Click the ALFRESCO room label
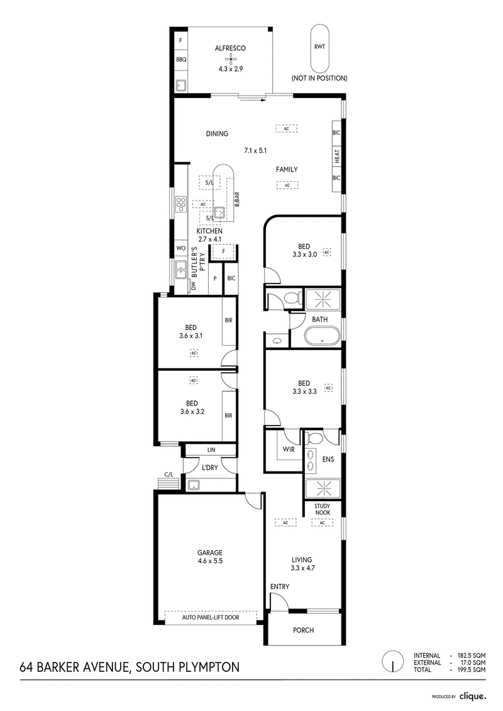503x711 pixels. click(x=230, y=48)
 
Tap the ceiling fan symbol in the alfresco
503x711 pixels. click(x=230, y=58)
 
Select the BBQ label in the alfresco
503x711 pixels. click(x=181, y=59)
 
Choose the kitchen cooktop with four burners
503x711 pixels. click(x=182, y=204)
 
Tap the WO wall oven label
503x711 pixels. click(x=181, y=248)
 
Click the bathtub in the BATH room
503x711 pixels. click(x=322, y=337)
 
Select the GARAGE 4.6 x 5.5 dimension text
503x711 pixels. click(x=209, y=561)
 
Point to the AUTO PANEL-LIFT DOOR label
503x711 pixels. click(x=211, y=617)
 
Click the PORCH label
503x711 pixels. click(x=304, y=630)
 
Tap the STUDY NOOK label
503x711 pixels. click(x=323, y=509)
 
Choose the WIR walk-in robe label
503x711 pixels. click(x=289, y=449)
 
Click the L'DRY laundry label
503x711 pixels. click(x=209, y=468)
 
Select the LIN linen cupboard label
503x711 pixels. click(x=211, y=450)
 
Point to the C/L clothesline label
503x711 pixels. click(x=169, y=474)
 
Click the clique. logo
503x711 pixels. click(x=473, y=696)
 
